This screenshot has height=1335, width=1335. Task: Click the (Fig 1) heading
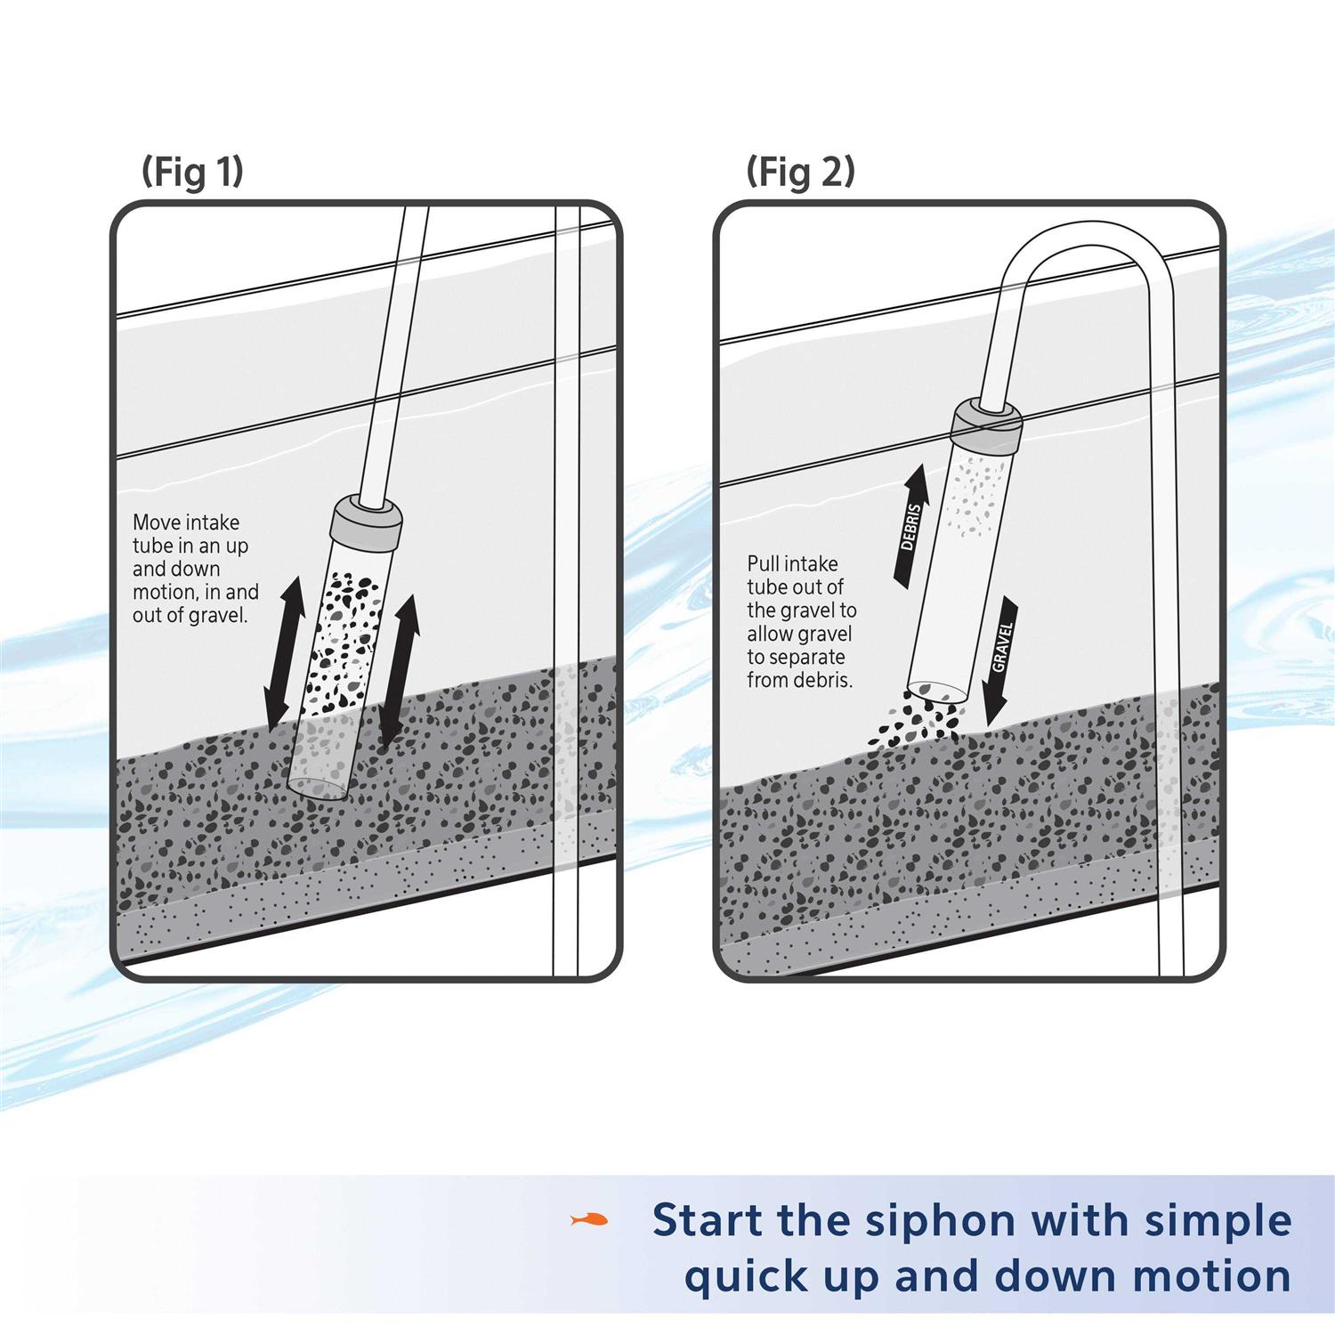coord(192,172)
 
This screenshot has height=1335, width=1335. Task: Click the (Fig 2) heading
coord(800,172)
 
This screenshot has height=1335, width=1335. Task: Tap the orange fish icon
coord(589,1219)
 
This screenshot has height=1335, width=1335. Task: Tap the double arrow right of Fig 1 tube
coord(398,669)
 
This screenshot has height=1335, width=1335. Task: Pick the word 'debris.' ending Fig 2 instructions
coord(824,681)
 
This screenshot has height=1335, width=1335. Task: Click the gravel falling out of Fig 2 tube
coord(918,720)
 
